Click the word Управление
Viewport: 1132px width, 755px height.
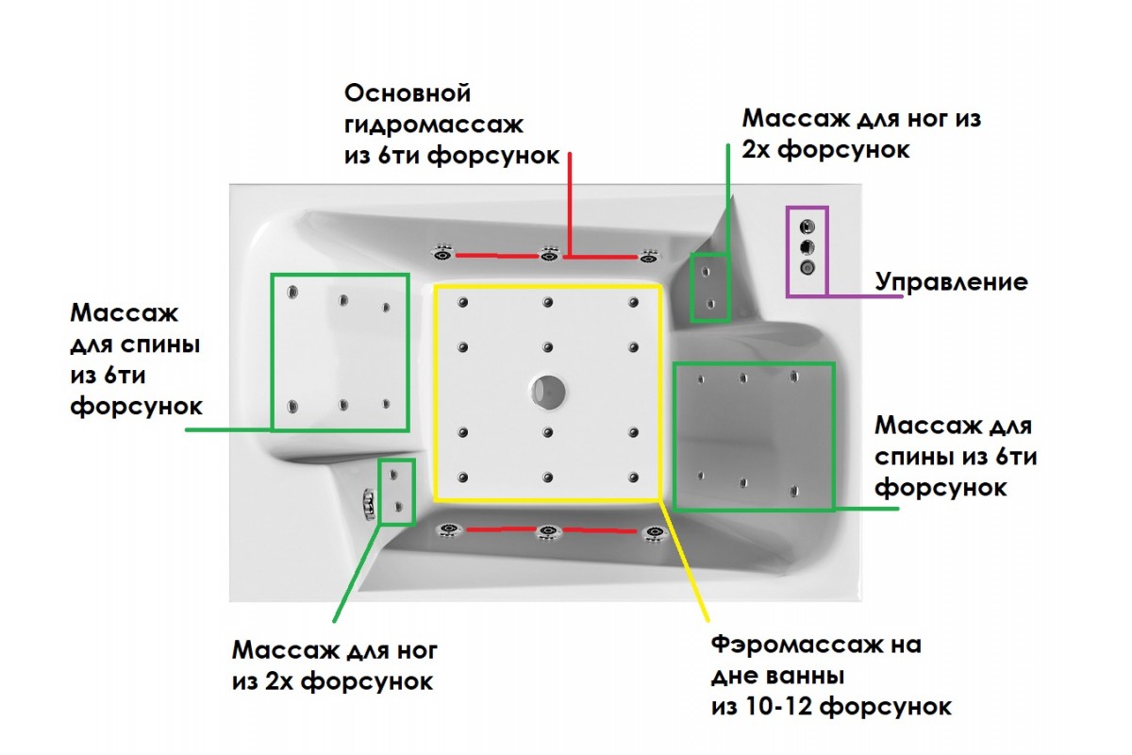951,281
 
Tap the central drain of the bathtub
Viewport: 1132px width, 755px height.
547,389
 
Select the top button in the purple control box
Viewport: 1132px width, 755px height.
807,226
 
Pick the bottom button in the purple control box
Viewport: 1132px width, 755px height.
807,268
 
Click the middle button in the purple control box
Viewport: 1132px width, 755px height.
807,247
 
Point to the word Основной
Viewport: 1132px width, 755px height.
408,94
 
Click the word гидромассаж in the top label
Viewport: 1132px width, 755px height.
433,125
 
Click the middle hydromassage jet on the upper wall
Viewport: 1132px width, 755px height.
548,253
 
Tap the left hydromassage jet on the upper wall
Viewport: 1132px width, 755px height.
442,253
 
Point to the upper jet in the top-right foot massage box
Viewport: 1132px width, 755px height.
706,272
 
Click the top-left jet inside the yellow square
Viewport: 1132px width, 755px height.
462,303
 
